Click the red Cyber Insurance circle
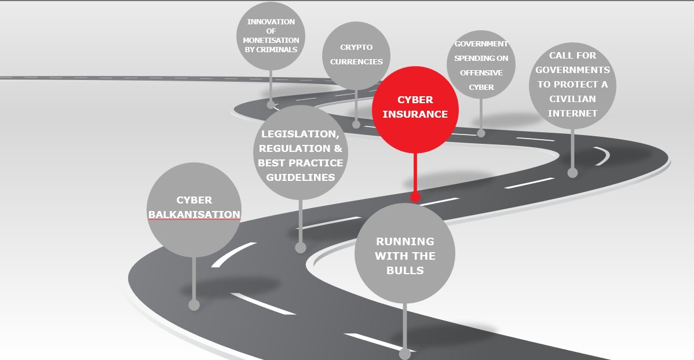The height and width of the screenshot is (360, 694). click(x=415, y=110)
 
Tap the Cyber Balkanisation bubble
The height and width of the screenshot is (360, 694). click(x=194, y=210)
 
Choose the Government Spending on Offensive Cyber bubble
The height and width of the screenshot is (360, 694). click(x=481, y=65)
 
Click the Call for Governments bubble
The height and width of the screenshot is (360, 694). click(x=572, y=86)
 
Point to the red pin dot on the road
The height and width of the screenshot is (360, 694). click(x=415, y=197)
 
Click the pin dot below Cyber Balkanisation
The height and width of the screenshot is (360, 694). click(x=194, y=305)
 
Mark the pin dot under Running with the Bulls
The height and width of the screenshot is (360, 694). click(x=405, y=354)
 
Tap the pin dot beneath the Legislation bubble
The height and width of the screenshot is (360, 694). click(x=300, y=248)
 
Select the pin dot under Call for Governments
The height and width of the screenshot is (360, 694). click(x=572, y=172)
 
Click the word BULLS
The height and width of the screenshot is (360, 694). click(x=404, y=270)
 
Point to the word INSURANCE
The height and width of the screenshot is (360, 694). click(x=415, y=114)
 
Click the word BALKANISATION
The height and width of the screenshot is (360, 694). click(x=194, y=214)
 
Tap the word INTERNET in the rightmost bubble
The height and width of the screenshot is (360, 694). click(x=572, y=114)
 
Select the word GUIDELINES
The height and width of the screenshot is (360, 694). click(x=300, y=177)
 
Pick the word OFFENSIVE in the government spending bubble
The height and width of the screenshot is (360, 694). click(x=481, y=73)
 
